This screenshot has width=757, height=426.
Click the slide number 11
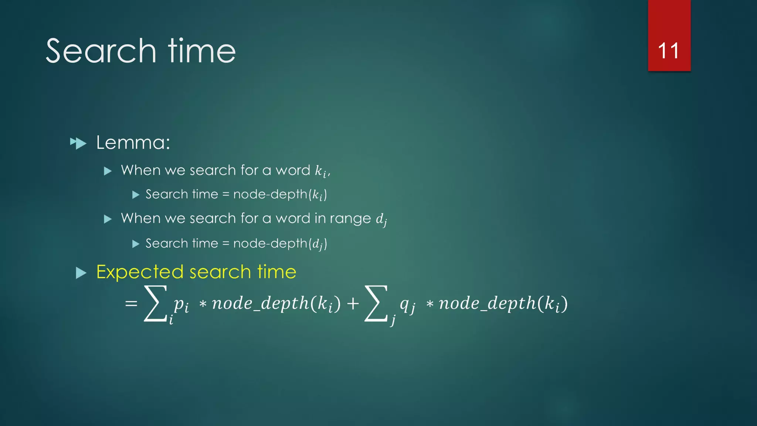[x=668, y=51]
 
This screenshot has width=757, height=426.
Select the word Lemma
[x=132, y=143]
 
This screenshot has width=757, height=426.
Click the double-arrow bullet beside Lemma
[x=78, y=143]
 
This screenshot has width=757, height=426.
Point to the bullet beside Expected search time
[x=81, y=273]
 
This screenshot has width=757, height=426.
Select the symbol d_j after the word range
[x=381, y=220]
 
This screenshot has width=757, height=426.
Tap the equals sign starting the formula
[x=131, y=304]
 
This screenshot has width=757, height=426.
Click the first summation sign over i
[x=155, y=303]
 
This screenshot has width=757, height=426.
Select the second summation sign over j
[x=376, y=303]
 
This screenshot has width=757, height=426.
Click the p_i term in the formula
[x=181, y=304]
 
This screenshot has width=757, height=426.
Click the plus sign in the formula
[x=353, y=304]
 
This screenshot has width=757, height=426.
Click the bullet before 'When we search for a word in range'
[x=108, y=219]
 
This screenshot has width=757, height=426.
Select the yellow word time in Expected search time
[x=277, y=272]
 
